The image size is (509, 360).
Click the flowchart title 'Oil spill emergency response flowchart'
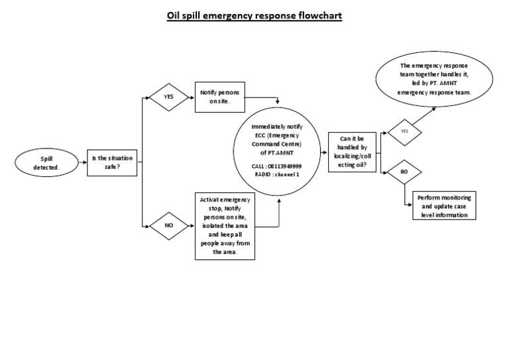[254, 15]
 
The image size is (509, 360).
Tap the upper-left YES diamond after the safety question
[168, 97]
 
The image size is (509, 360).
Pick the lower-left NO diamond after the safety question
[168, 225]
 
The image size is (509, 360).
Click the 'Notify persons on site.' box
[219, 97]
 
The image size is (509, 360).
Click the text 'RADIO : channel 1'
[277, 174]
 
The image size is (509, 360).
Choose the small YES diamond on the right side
[404, 131]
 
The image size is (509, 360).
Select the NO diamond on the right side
[404, 172]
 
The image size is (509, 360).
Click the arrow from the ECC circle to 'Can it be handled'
[323, 152]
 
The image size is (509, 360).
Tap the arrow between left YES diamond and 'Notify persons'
[190, 97]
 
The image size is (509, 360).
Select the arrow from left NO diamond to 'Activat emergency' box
[190, 225]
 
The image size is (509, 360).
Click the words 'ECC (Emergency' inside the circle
[277, 135]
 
